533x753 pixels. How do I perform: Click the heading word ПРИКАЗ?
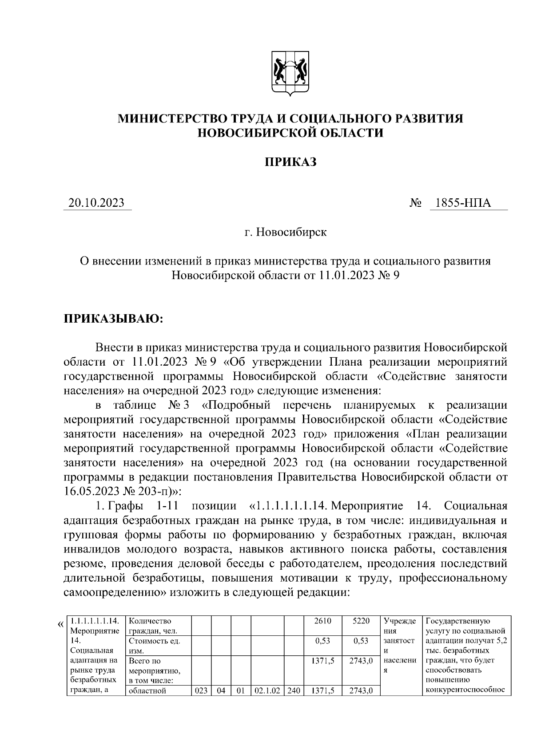point(290,162)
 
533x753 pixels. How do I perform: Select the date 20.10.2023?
point(97,203)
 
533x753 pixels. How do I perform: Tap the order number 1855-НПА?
point(463,203)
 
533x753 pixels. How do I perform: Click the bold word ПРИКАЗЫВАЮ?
point(114,319)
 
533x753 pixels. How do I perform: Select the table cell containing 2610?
point(322,621)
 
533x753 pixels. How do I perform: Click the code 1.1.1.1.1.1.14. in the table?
point(95,621)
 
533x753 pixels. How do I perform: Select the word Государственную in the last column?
point(457,621)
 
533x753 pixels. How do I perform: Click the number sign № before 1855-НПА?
point(415,204)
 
